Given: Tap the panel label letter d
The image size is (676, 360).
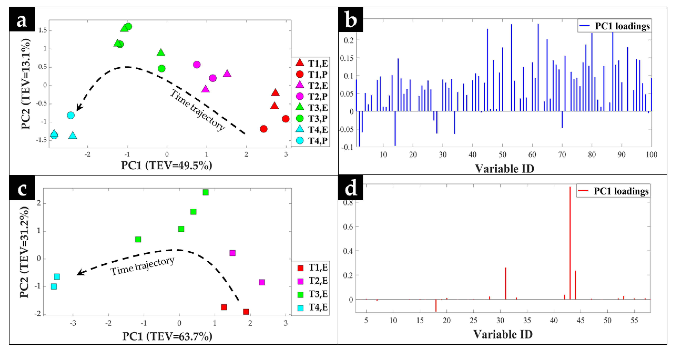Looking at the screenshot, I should pyautogui.click(x=351, y=188).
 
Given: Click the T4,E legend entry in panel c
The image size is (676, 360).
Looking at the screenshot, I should pyautogui.click(x=312, y=307).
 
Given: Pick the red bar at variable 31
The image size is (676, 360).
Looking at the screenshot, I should pyautogui.click(x=505, y=284).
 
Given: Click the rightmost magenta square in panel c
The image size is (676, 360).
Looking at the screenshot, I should pyautogui.click(x=262, y=282).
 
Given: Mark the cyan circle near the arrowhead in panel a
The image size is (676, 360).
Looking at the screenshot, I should pyautogui.click(x=71, y=115).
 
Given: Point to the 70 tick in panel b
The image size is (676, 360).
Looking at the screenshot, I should pyautogui.click(x=562, y=155).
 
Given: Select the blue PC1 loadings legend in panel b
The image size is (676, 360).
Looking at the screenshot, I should pyautogui.click(x=614, y=26).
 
